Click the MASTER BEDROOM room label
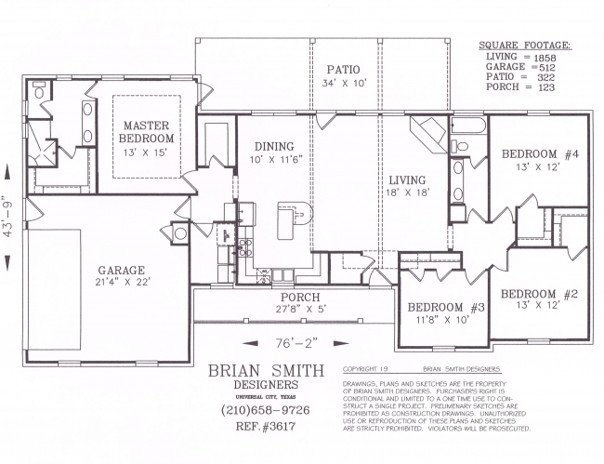coord(147,132)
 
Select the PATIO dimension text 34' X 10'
coord(343,83)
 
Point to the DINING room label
coord(274,146)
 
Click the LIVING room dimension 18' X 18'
coord(408,192)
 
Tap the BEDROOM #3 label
coord(446,307)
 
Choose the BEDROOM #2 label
coord(539,294)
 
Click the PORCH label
coord(300,298)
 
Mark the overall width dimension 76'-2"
coord(296,342)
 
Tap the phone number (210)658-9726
coord(266,410)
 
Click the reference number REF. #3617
coord(266,426)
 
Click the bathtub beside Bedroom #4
coord(468,126)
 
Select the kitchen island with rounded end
coord(295,220)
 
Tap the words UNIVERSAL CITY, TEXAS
coord(266,397)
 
